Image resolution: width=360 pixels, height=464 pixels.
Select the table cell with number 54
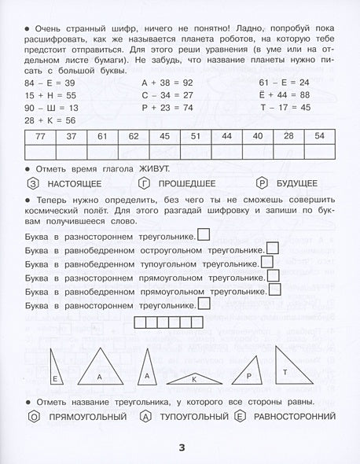(319, 136)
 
